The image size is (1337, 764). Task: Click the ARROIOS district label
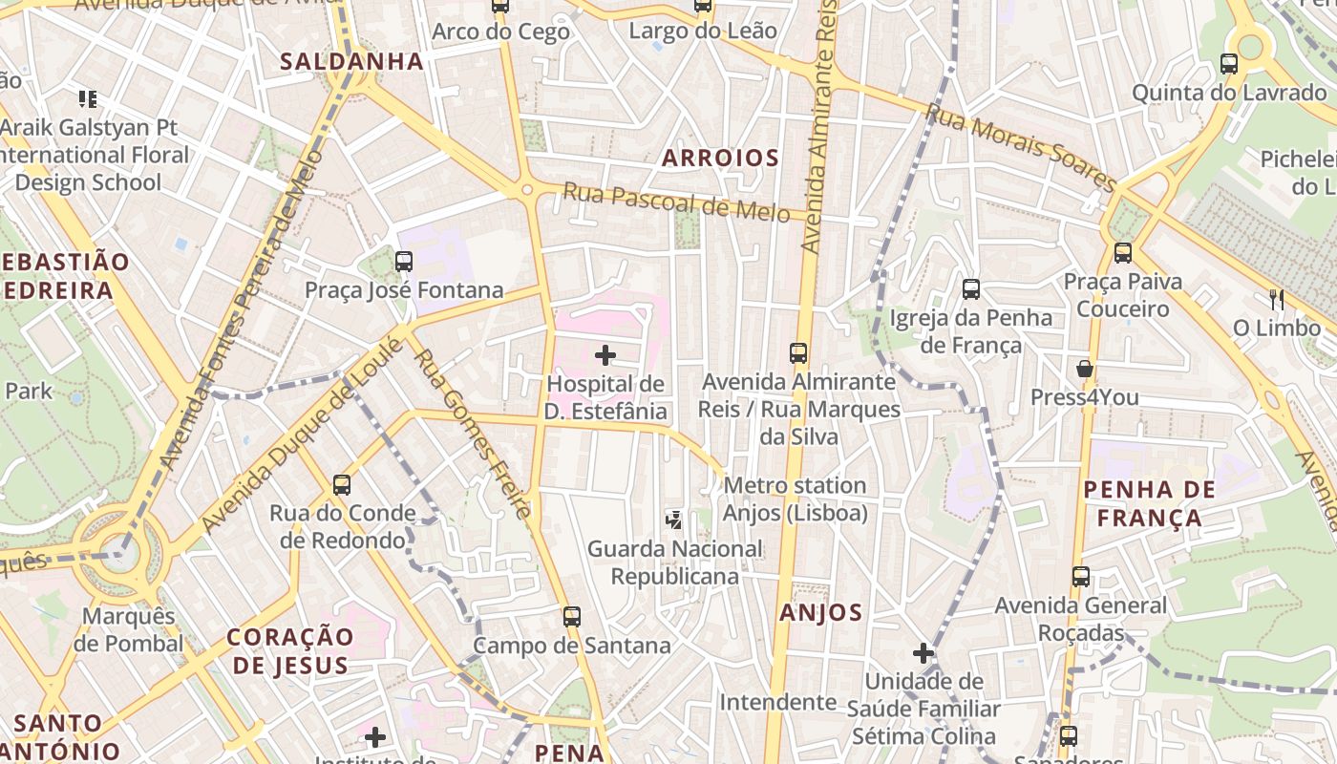coord(721,159)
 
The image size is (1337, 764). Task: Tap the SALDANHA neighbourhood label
coord(351,62)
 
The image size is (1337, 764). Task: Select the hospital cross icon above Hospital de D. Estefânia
coord(605,356)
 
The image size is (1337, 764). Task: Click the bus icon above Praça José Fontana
coord(404,261)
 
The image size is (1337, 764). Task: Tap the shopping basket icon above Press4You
coord(1084,369)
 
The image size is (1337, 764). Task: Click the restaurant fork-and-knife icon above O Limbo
coord(1277,300)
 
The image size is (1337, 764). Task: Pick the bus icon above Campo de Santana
coord(572,616)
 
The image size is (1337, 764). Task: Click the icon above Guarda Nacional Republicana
coord(674,520)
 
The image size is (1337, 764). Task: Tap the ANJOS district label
coord(821,613)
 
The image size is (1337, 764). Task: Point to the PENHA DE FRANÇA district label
coord(1150,504)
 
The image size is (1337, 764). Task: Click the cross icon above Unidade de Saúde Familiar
coord(923,653)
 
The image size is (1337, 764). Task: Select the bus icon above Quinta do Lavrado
coord(1229,64)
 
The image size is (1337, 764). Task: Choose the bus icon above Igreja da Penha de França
coord(971,288)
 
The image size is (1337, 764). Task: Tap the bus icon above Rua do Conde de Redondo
coord(342,484)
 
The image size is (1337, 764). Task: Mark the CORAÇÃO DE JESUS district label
coord(290,651)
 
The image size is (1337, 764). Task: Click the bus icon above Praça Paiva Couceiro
coord(1123,253)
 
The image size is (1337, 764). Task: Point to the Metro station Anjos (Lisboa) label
coord(795,499)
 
